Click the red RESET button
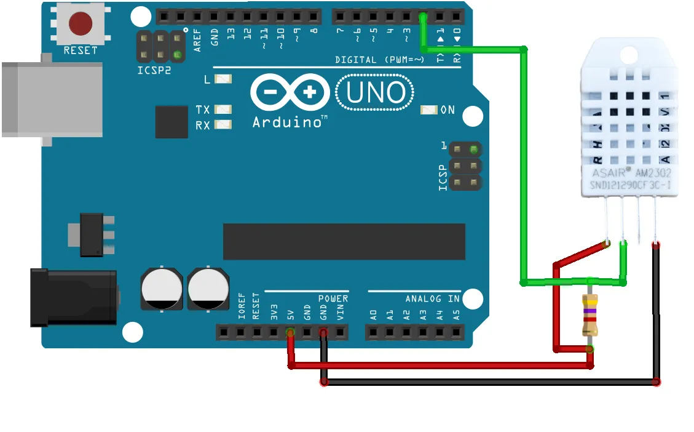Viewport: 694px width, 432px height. pyautogui.click(x=81, y=24)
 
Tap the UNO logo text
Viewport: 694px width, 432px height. pyautogui.click(x=376, y=93)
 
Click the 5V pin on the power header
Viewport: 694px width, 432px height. pyautogui.click(x=290, y=333)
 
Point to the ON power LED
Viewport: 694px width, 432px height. pyautogui.click(x=428, y=110)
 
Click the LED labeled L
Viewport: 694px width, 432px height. pyautogui.click(x=223, y=79)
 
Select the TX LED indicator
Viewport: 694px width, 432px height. pyautogui.click(x=223, y=110)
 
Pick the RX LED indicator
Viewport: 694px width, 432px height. pyautogui.click(x=223, y=125)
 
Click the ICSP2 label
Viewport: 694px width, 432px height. pyautogui.click(x=154, y=71)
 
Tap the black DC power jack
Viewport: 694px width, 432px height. pyautogui.click(x=74, y=298)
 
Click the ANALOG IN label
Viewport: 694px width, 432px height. pyautogui.click(x=432, y=299)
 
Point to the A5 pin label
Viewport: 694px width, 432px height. pyautogui.click(x=456, y=316)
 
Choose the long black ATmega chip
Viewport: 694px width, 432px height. pyautogui.click(x=344, y=242)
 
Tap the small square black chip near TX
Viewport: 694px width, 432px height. pyautogui.click(x=172, y=121)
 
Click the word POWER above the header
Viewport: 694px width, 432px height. pyautogui.click(x=333, y=299)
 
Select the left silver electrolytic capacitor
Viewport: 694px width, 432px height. pyautogui.click(x=162, y=289)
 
